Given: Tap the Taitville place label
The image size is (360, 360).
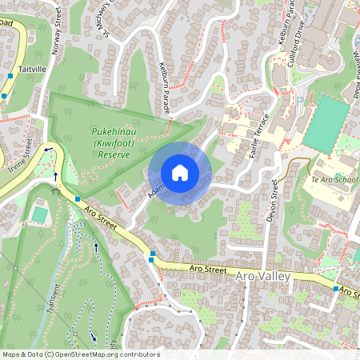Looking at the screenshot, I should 34,70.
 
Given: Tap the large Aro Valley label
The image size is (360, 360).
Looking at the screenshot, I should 266,276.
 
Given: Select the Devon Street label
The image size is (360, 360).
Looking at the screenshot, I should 274,194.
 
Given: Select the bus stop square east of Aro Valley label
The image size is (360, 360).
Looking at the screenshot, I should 336,288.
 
